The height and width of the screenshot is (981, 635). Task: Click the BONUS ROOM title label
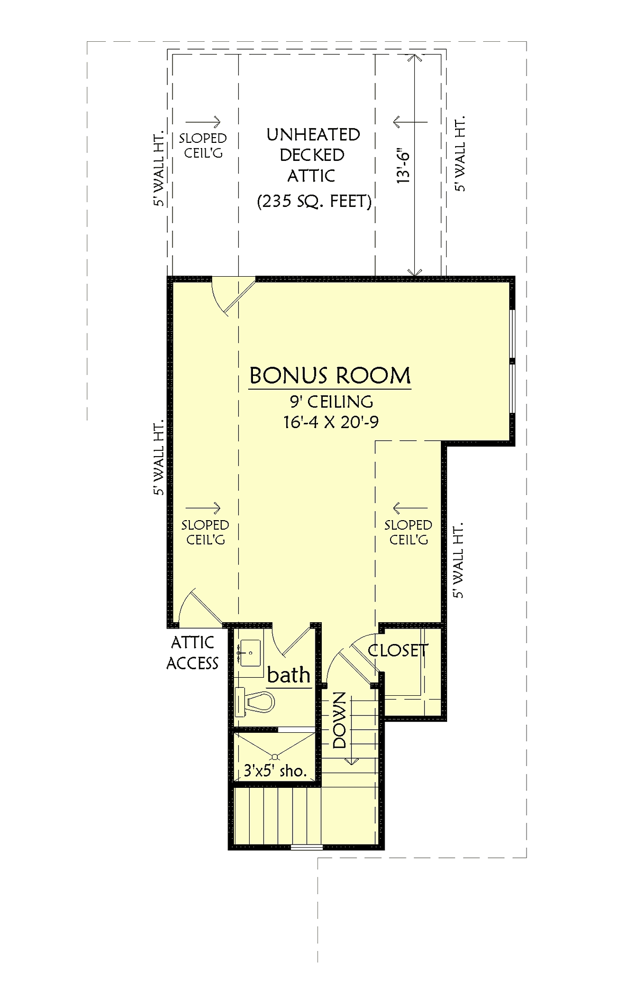point(330,376)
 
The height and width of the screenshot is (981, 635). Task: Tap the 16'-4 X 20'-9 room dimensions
point(331,422)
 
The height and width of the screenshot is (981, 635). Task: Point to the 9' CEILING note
point(331,402)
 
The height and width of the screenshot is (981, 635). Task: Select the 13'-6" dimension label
point(404,166)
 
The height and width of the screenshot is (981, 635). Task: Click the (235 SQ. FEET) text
point(314,201)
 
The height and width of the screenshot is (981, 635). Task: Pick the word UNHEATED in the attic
point(313,135)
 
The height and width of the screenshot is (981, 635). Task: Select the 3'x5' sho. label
point(275,770)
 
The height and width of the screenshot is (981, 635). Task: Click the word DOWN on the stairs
point(340,720)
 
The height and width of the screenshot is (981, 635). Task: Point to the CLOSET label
point(398,650)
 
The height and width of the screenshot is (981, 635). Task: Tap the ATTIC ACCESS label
point(193,653)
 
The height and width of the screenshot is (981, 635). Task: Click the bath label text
point(288,675)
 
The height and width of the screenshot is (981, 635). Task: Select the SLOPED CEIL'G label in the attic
point(203,146)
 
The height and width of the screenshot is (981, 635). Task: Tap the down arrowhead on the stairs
point(351,761)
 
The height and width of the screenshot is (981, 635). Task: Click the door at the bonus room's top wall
point(233,296)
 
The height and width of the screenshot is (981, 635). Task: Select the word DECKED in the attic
point(312,155)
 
